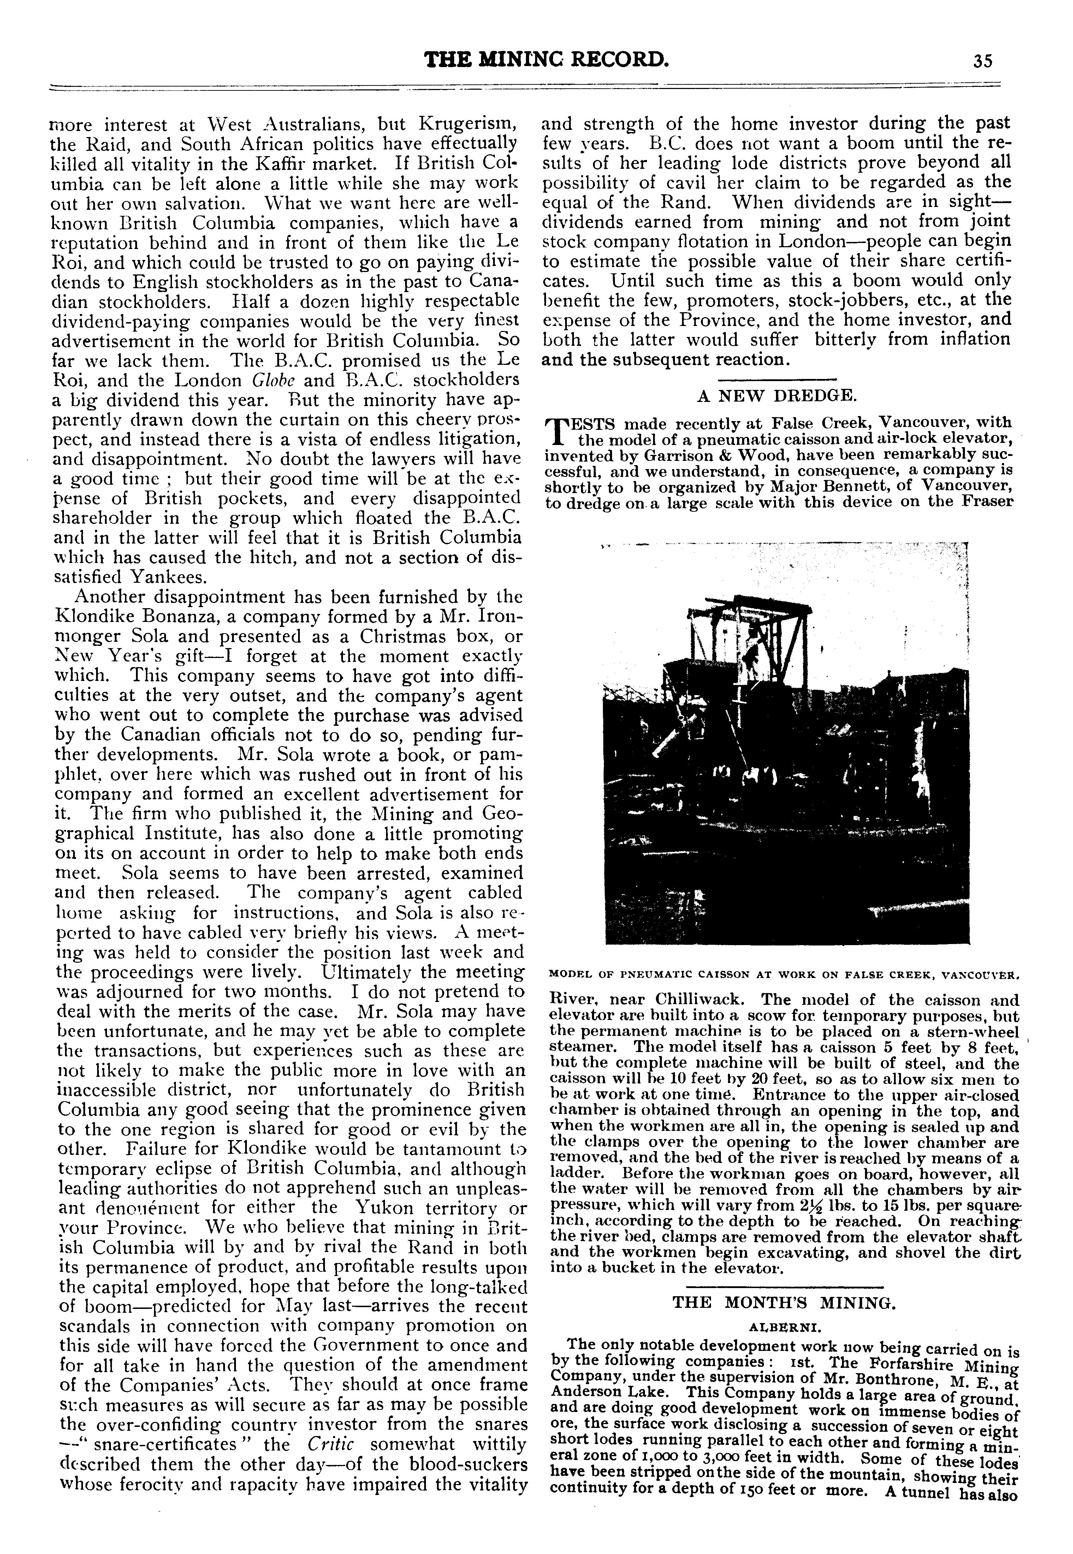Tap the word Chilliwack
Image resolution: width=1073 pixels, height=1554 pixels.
(x=684, y=1000)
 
